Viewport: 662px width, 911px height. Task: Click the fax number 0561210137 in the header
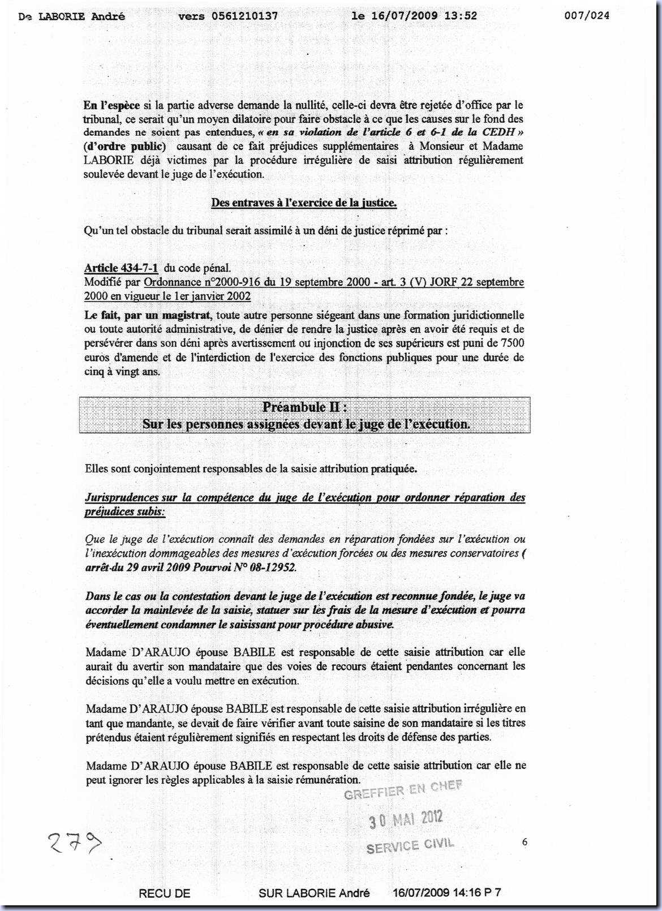point(244,16)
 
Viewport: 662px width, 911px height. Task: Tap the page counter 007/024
point(587,16)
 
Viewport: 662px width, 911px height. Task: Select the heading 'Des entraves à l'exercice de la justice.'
point(304,203)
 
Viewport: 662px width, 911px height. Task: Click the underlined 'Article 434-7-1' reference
point(121,268)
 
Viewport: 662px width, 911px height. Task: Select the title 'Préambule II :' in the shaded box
point(305,407)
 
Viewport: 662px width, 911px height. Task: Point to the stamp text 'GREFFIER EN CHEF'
point(403,790)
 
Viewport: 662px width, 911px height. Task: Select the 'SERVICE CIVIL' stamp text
point(410,846)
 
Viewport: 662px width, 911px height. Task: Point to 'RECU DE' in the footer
point(164,893)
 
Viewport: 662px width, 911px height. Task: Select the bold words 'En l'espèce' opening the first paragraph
point(111,105)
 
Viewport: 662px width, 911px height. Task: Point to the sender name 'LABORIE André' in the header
point(81,16)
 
